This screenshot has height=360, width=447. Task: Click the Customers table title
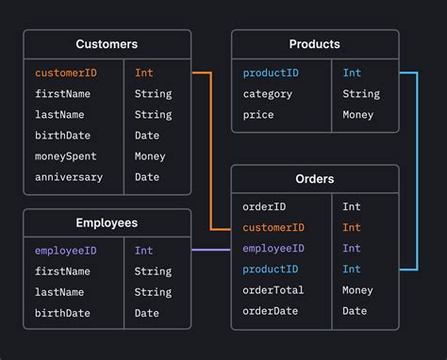point(107,44)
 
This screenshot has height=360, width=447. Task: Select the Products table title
point(315,44)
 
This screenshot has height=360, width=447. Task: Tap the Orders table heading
point(315,179)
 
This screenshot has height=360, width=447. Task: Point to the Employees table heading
point(107,223)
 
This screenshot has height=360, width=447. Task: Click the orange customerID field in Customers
point(65,73)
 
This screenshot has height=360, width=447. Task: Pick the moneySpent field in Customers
point(65,156)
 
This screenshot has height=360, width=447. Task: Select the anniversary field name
point(69,177)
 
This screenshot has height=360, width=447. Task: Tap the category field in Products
point(268,93)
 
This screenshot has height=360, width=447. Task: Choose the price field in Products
point(258,115)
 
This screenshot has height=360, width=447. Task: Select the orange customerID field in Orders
point(273,227)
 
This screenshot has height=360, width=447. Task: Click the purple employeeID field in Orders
point(273,248)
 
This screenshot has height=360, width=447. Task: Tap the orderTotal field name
point(273,290)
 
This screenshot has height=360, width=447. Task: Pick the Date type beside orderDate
point(355,311)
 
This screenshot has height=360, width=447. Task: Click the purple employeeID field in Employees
point(65,251)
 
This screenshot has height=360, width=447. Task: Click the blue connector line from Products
point(416,170)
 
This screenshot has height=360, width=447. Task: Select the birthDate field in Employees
point(62,313)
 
